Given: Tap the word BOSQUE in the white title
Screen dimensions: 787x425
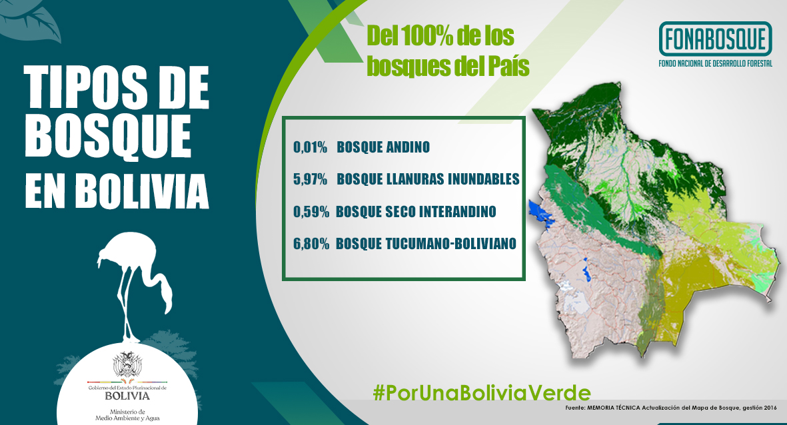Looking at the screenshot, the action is pos(109,135).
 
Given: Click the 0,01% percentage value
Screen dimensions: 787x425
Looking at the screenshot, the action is pos(310,147).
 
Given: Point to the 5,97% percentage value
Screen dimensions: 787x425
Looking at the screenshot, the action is pos(310,179).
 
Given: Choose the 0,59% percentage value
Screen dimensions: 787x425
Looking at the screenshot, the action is pos(311,211).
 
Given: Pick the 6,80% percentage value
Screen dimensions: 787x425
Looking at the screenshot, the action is pos(311,243).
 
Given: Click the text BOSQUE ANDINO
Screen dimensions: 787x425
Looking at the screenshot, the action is pos(383,147).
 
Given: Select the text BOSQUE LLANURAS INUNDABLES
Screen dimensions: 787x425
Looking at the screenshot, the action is pos(428,179).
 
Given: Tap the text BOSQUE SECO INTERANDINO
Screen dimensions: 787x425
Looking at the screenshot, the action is pos(416,211).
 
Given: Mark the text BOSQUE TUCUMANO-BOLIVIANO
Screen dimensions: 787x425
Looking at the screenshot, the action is pos(426,243).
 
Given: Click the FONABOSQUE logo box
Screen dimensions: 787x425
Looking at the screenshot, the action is pos(715,39).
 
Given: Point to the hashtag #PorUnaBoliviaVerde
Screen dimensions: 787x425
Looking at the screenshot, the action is pos(482,392).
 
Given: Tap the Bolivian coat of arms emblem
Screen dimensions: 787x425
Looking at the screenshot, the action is pos(127,365).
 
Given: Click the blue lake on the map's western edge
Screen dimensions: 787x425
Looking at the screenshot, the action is pos(540,212).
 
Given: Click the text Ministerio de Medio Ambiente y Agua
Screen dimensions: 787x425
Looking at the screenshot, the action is pos(127,415).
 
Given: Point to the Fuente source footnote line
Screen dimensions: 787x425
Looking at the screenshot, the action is pos(670,408).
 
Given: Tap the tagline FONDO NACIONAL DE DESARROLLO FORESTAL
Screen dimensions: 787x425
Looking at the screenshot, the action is pos(715,64).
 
